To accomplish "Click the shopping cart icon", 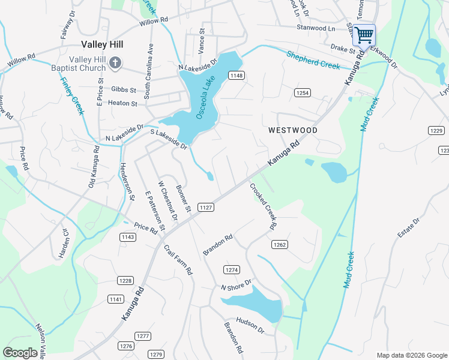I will (x=364, y=35).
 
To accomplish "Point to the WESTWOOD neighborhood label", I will (x=292, y=130).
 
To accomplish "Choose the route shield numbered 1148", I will (x=236, y=75).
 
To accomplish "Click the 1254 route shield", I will (x=302, y=92).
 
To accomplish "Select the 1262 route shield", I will (x=280, y=244).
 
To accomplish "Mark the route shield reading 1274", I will (x=232, y=269).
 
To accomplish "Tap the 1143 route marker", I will (x=127, y=237).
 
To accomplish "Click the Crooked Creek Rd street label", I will (x=263, y=206).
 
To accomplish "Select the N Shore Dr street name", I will (x=235, y=289).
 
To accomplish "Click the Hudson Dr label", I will (x=250, y=325).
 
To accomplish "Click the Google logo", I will (x=20, y=353).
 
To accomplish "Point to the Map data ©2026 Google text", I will (x=411, y=355).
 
